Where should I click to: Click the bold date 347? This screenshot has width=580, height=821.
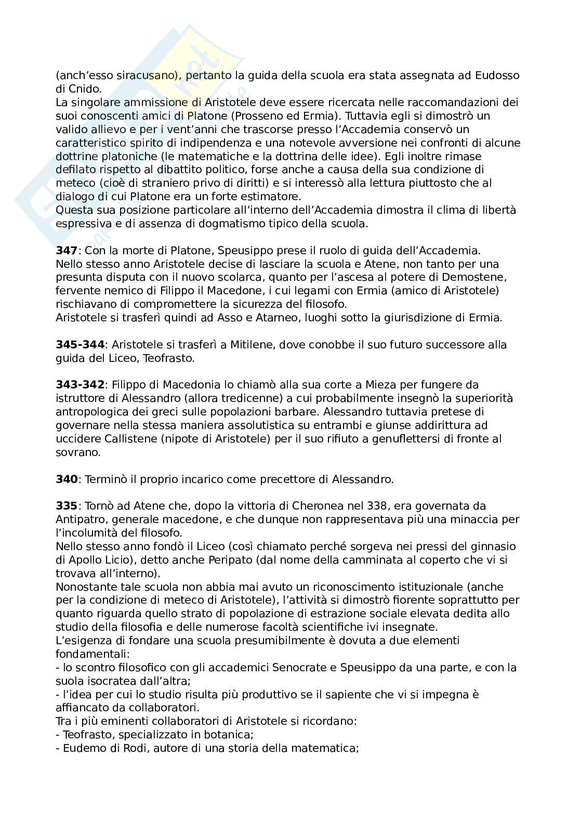point(66,250)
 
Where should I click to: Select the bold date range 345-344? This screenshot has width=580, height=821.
point(81,345)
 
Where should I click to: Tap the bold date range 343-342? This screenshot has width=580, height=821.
point(81,385)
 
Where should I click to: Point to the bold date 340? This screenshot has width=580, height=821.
point(66,479)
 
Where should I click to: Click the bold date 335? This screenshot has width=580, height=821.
point(66,506)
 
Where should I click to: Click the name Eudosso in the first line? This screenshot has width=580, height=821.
point(497,75)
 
